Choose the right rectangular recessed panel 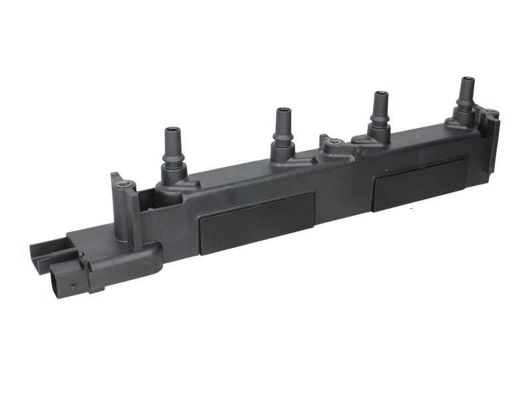[419, 184]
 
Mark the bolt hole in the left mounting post [124, 185]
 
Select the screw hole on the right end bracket [491, 112]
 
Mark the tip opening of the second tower [284, 110]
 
